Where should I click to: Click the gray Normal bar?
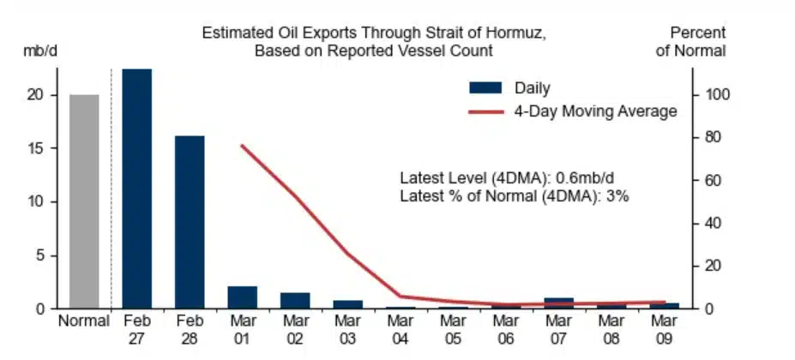coord(84,201)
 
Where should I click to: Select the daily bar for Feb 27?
coord(137,189)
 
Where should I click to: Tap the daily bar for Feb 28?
coord(190,221)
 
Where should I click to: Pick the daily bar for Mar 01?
coord(243,297)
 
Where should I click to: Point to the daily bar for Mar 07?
coord(558,303)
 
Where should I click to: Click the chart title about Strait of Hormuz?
coord(374,42)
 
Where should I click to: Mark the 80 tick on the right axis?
coord(713,137)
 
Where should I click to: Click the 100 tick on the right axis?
coord(716,94)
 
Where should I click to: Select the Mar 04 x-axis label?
coord(401,330)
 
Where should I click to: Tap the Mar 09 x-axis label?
coord(663,330)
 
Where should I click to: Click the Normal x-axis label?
coord(84,322)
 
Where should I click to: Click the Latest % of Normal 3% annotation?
coord(515,196)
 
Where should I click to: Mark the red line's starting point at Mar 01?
coord(243,146)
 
